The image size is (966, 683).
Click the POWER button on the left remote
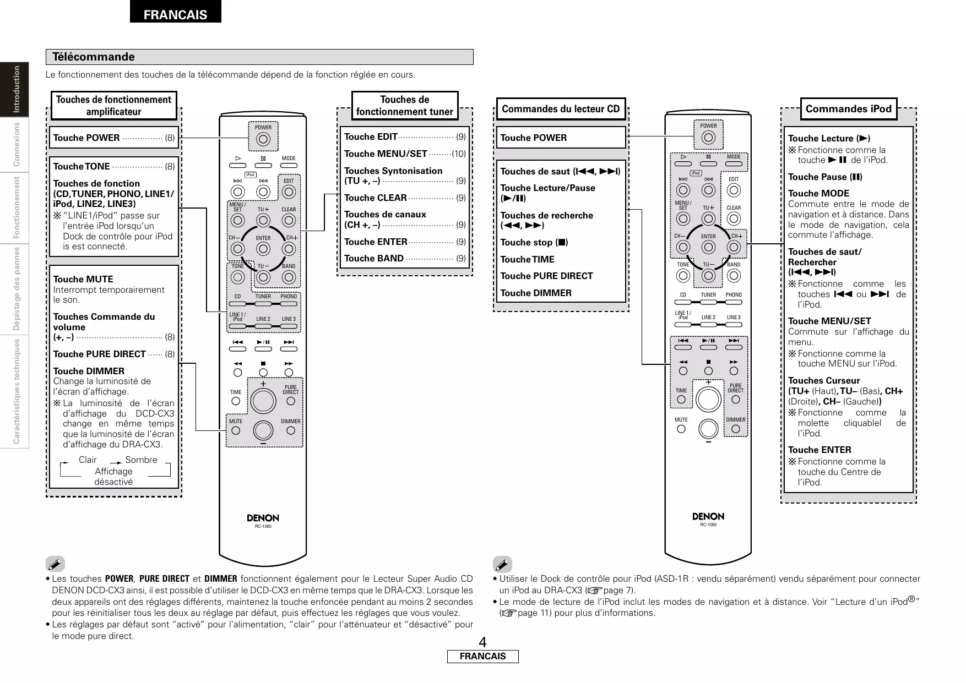click(x=263, y=139)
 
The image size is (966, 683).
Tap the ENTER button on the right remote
click(x=708, y=248)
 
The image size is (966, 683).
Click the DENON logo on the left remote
click(x=263, y=518)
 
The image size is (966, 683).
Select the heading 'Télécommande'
click(x=93, y=57)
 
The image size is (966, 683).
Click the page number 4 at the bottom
click(x=482, y=642)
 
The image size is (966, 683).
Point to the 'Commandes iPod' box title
click(x=848, y=109)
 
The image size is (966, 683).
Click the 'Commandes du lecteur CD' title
click(x=561, y=109)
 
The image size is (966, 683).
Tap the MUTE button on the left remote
click(x=236, y=430)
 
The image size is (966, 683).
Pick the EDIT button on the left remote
click(x=289, y=192)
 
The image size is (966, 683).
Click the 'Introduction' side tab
click(x=17, y=89)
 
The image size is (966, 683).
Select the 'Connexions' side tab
click(x=17, y=144)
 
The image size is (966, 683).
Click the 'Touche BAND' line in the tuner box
click(x=374, y=258)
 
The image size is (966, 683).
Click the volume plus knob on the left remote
click(x=263, y=400)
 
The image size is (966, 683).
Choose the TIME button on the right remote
click(x=681, y=399)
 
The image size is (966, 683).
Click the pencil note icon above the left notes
click(x=56, y=564)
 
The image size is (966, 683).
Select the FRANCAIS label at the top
click(x=175, y=15)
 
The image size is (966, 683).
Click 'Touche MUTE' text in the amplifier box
click(x=83, y=279)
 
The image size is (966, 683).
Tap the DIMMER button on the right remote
click(x=735, y=429)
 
